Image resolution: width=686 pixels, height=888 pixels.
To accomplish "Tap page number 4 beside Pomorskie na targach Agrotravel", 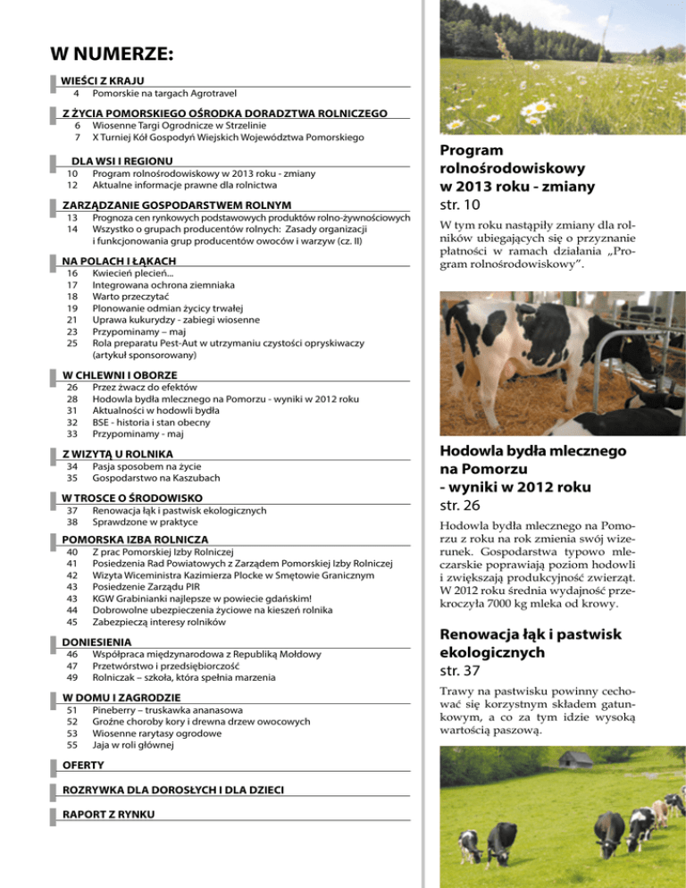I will point(77,93).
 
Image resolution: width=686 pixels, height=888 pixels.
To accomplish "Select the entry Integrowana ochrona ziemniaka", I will point(169,286).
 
